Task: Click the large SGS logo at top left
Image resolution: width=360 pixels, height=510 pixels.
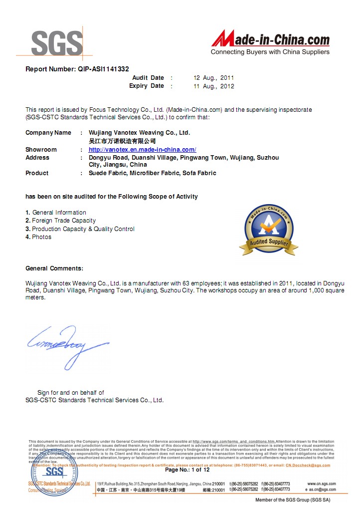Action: tap(56, 43)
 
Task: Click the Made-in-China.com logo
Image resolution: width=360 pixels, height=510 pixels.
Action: tap(270, 42)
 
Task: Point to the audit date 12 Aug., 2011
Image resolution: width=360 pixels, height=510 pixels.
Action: tap(213, 78)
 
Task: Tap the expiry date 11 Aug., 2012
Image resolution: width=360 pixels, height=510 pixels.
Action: tap(213, 86)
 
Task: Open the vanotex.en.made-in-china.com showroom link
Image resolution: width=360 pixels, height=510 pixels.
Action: tap(142, 150)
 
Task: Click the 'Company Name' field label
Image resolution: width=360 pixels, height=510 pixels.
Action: tap(48, 133)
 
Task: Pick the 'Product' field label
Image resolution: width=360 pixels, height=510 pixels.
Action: tap(37, 173)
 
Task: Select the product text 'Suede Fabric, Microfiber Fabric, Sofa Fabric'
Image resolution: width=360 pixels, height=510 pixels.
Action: tap(152, 173)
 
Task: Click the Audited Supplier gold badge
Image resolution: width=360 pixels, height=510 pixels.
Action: tap(269, 230)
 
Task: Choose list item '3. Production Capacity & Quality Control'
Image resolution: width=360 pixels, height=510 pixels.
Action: tap(80, 229)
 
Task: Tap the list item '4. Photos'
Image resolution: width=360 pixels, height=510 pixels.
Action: tap(38, 237)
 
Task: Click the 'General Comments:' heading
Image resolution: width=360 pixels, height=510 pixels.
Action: tap(54, 268)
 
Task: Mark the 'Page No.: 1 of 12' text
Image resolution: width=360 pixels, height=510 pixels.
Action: tap(187, 470)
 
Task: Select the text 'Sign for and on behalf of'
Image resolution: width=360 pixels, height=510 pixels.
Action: tap(70, 393)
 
